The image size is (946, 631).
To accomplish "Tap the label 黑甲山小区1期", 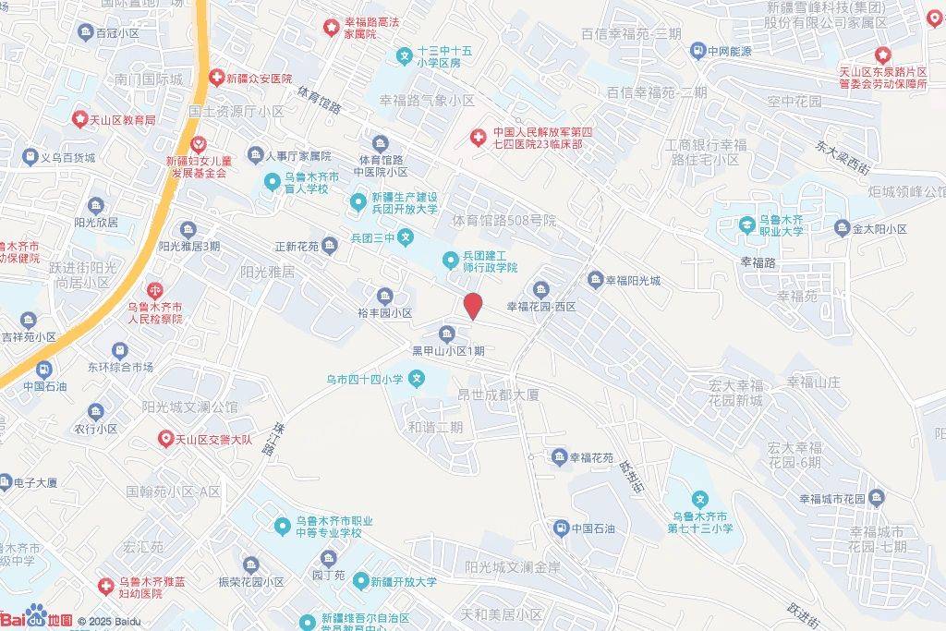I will point(448,351).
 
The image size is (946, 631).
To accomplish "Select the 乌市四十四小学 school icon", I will point(418,378).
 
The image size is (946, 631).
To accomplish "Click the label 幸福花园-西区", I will point(541,306).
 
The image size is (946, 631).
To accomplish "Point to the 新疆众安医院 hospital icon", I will point(216,79).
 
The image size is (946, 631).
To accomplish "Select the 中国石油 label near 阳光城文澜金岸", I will point(593,528).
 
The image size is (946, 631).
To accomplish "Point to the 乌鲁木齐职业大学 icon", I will point(746,223).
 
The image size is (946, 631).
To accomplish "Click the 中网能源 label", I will point(729,51).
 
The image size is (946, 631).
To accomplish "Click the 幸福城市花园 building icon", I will point(877,499).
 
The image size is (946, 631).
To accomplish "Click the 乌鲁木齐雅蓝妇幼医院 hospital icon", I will point(107,586).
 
